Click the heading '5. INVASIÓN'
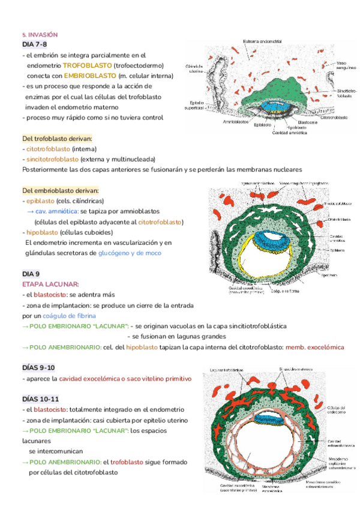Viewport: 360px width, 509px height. click(40, 35)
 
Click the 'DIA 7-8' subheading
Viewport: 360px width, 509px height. click(34, 44)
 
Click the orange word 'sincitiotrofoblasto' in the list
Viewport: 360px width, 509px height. click(52, 159)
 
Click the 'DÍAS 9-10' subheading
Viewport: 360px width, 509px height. click(38, 367)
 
